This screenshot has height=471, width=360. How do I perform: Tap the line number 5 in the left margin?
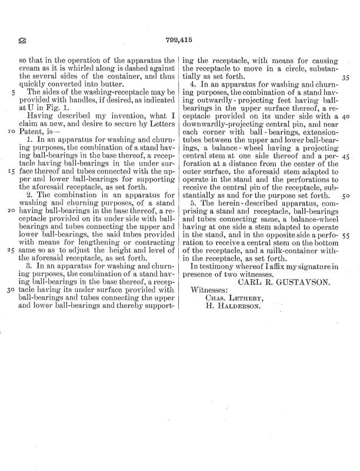[x=13, y=92]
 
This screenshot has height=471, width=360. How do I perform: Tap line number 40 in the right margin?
[x=345, y=117]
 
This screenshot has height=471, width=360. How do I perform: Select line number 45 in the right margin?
[x=345, y=156]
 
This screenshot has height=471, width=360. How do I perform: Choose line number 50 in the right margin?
[x=345, y=195]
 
